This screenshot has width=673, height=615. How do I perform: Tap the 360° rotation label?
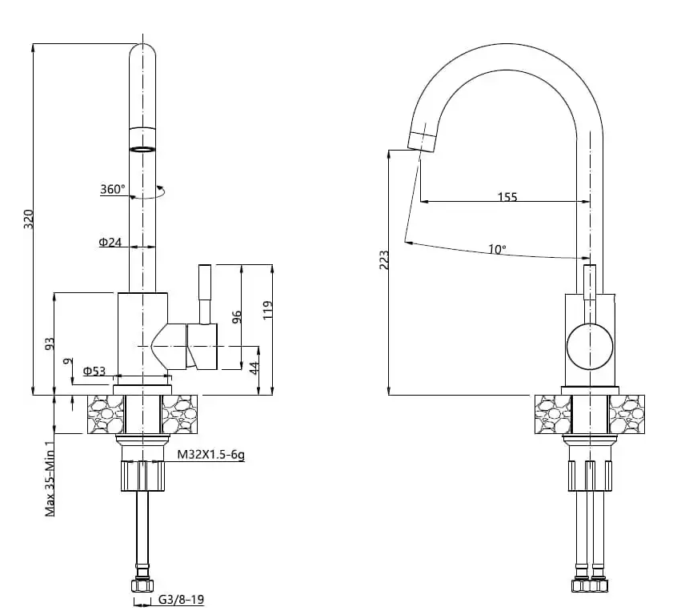[112, 190]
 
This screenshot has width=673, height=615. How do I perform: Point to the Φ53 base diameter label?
[94, 370]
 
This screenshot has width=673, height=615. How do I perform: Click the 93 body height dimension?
[50, 344]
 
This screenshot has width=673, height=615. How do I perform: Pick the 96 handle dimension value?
[236, 317]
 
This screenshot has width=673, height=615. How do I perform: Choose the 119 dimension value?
[267, 310]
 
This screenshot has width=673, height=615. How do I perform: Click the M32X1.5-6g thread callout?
[210, 456]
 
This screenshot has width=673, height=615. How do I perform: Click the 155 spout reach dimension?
[507, 197]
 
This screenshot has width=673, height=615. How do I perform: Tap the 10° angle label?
[497, 250]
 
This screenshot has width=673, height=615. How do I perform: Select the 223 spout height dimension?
[383, 261]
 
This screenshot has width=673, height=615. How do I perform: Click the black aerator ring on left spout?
[143, 149]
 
